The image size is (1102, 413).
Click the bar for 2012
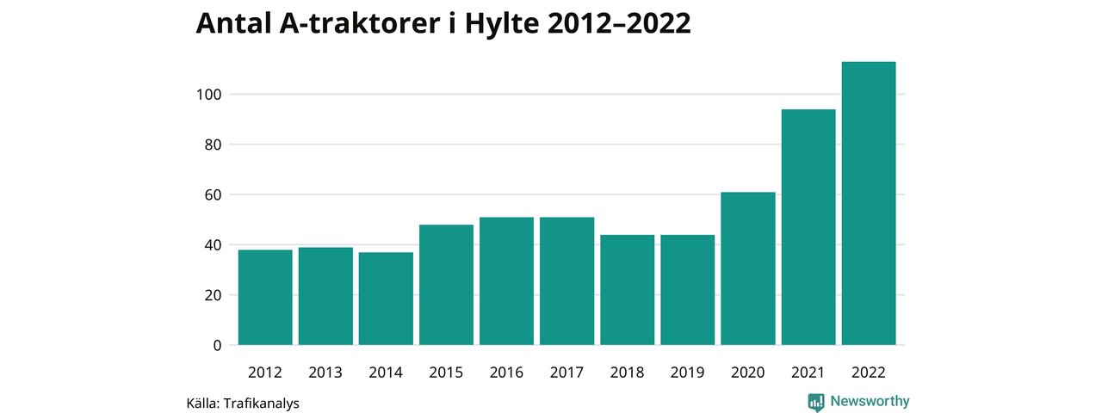(265, 297)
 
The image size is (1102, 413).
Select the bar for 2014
(386, 299)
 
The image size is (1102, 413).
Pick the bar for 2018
(627, 290)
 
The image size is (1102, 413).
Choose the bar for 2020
(748, 268)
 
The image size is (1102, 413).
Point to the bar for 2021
(808, 227)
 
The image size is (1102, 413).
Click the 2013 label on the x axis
(325, 373)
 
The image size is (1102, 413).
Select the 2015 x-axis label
(446, 373)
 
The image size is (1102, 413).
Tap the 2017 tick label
(566, 373)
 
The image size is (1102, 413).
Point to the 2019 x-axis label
(687, 373)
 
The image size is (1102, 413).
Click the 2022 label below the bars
(869, 373)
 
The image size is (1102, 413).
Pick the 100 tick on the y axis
(210, 95)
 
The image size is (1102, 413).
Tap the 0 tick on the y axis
(217, 346)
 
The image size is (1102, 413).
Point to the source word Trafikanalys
(261, 403)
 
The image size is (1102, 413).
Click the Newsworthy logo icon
(816, 402)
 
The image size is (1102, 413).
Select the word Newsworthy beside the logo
(870, 402)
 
